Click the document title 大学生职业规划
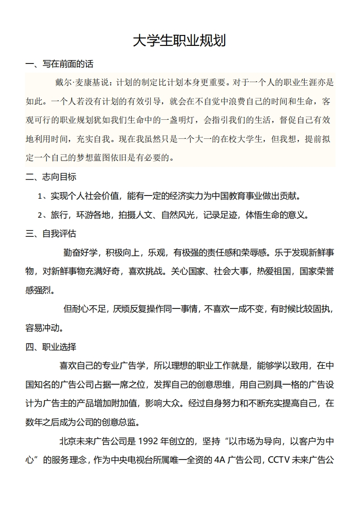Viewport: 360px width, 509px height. point(179,41)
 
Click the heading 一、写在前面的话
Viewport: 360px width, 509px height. point(59,64)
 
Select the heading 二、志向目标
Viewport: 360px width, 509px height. point(51,177)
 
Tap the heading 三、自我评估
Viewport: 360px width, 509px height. point(51,234)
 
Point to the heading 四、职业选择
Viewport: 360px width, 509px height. point(51,347)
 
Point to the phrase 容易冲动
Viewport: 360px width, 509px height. point(44,328)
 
